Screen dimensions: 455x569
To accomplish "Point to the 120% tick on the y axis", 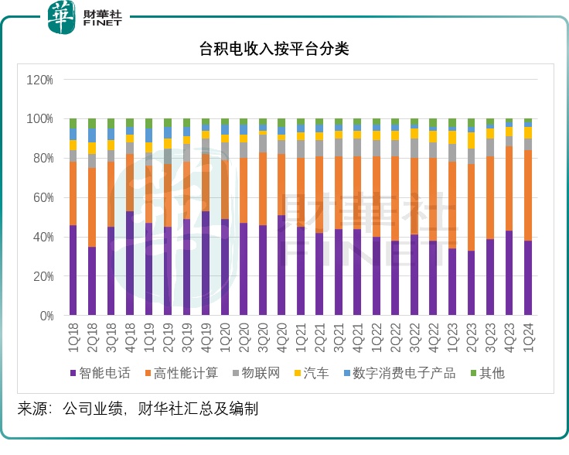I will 39,80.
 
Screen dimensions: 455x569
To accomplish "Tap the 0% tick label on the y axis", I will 45,316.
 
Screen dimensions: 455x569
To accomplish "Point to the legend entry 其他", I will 491,373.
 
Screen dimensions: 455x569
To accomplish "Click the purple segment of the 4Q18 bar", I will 130,263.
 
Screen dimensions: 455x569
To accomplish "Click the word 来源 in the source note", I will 32,409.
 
